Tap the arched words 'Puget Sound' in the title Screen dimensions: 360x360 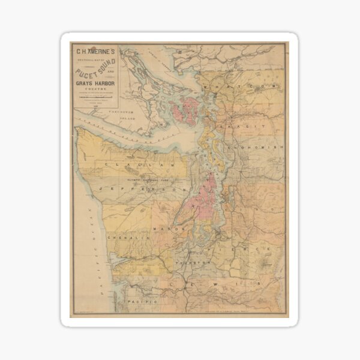pos(95,69)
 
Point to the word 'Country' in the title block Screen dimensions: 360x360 pos(95,88)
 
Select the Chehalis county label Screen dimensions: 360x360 pos(127,238)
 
